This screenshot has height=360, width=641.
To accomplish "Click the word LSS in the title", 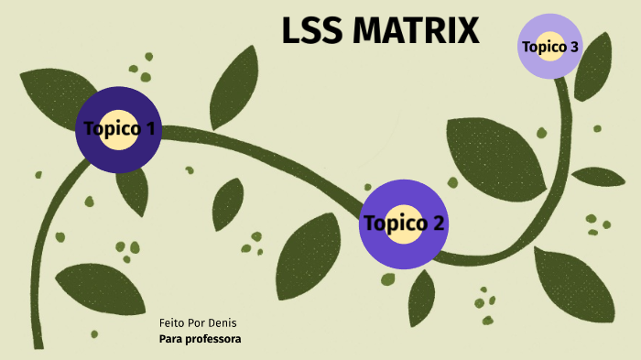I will (312, 31).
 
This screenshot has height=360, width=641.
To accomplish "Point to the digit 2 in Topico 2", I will (439, 223).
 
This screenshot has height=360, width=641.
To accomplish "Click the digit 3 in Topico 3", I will (573, 46).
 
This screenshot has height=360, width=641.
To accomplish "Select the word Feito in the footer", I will (172, 323).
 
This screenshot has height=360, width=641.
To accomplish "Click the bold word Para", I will (169, 340).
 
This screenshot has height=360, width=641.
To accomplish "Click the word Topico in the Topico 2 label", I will (395, 223).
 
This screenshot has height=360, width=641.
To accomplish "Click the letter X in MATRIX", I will (466, 31).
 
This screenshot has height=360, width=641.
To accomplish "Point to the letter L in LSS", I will (292, 31).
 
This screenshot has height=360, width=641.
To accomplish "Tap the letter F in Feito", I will (162, 323).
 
